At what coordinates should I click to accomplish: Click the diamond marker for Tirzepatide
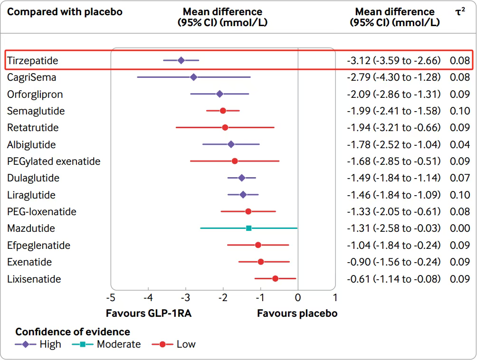pyautogui.click(x=181, y=60)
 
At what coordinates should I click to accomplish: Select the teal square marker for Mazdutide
pyautogui.click(x=248, y=228)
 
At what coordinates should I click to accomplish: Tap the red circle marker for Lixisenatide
pyautogui.click(x=275, y=279)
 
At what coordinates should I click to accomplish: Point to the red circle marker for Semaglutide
pyautogui.click(x=223, y=111)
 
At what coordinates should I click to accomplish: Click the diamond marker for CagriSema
pyautogui.click(x=193, y=77)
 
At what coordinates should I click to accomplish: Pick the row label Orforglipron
pyautogui.click(x=35, y=94)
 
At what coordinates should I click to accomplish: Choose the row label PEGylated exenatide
pyautogui.click(x=54, y=161)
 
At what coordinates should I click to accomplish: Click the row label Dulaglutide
pyautogui.click(x=33, y=178)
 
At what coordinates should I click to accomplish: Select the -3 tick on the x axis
pyautogui.click(x=185, y=298)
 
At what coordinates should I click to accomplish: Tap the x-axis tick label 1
pyautogui.click(x=335, y=298)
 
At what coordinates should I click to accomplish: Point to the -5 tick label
pyautogui.click(x=110, y=298)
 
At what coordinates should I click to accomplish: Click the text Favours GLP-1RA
pyautogui.click(x=148, y=313)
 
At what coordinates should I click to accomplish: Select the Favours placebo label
pyautogui.click(x=297, y=313)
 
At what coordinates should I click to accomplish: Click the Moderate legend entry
pyautogui.click(x=118, y=344)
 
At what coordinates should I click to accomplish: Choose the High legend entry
pyautogui.click(x=50, y=344)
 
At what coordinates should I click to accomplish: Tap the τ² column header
pyautogui.click(x=459, y=12)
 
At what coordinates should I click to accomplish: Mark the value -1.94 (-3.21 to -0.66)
pyautogui.click(x=393, y=128)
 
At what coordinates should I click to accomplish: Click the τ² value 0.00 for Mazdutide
pyautogui.click(x=460, y=228)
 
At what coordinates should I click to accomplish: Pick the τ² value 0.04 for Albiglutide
pyautogui.click(x=460, y=144)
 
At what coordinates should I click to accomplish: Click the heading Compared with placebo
pyautogui.click(x=65, y=12)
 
